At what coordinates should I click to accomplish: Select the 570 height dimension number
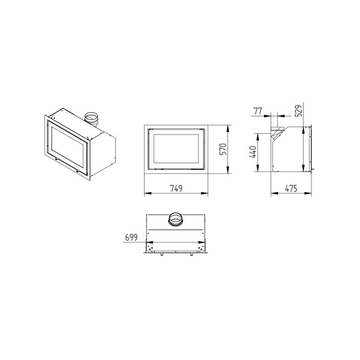click(223, 150)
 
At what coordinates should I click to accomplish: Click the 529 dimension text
click(298, 111)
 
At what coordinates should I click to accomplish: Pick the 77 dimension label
click(258, 111)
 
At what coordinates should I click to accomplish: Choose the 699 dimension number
click(131, 238)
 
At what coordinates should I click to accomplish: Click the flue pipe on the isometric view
click(92, 118)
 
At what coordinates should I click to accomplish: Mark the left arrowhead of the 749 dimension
click(146, 194)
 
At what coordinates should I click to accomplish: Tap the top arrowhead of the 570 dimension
click(229, 128)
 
